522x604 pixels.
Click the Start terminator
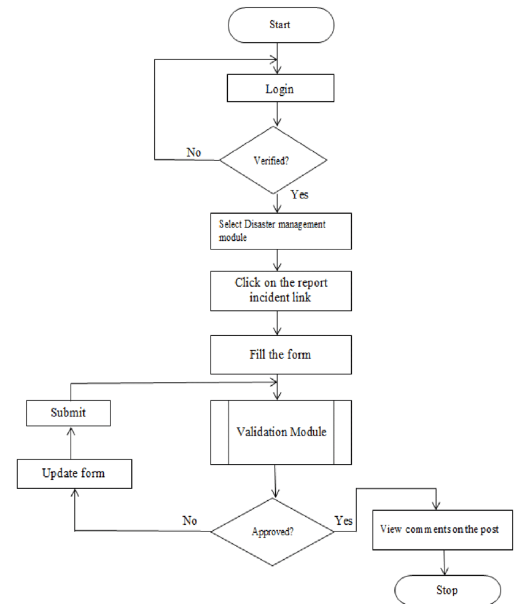280,25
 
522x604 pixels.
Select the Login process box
280,88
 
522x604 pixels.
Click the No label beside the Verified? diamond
194,152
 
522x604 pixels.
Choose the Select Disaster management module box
281,231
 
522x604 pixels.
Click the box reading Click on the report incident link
281,291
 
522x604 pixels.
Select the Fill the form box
281,355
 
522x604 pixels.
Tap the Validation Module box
281,432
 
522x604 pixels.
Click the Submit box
68,412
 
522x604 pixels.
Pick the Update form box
73,473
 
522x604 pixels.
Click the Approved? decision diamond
272,530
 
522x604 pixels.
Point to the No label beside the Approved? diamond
190,520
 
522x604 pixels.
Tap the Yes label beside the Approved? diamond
344,520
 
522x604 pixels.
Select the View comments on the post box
442,528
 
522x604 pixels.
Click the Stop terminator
447,590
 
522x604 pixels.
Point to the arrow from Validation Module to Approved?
276,480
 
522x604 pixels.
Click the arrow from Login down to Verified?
280,114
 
